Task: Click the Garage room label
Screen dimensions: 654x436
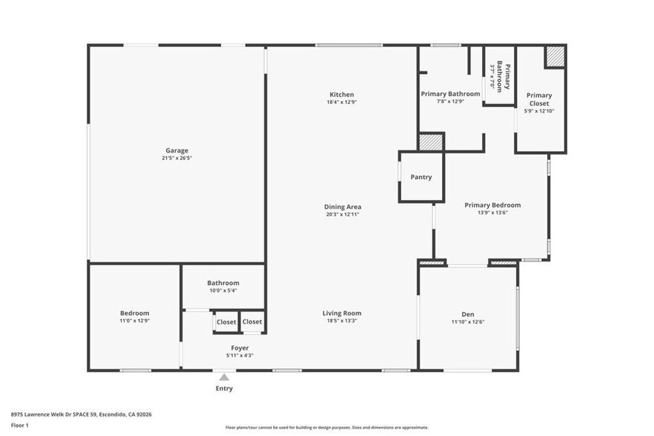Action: tap(177, 150)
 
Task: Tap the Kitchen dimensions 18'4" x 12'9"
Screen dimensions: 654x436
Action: tap(342, 102)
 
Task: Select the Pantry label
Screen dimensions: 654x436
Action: tap(421, 176)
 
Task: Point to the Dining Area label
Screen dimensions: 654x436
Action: tap(343, 207)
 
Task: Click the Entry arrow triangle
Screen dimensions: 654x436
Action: tap(224, 377)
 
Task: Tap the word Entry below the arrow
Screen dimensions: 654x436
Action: tap(224, 388)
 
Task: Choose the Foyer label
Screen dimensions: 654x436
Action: tap(240, 348)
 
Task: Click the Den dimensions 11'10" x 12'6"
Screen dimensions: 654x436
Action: tap(468, 322)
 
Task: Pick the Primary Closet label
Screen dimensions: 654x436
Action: tap(540, 99)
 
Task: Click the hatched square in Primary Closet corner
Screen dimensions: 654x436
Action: tap(555, 56)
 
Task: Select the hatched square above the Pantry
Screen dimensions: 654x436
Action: tap(430, 142)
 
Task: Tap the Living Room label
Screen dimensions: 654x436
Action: tap(342, 313)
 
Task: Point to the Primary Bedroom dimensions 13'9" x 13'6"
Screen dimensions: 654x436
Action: tap(492, 212)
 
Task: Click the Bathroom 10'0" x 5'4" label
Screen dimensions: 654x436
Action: tap(224, 286)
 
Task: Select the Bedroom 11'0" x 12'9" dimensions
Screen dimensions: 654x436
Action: tap(135, 321)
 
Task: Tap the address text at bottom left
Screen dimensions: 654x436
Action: tap(81, 414)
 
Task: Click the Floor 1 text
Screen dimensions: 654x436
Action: tap(20, 426)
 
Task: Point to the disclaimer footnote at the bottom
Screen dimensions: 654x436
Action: tap(327, 428)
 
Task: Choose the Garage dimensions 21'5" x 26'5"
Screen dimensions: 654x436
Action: tap(177, 158)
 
